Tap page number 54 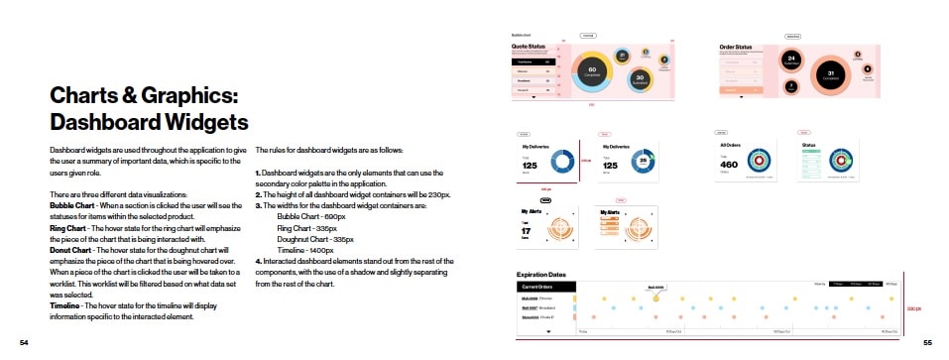pos(25,342)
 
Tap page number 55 pos(927,342)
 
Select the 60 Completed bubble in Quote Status pos(592,70)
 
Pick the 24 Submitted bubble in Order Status pos(791,60)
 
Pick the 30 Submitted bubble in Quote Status pos(641,79)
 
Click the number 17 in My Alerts pos(527,231)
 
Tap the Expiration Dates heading pos(542,274)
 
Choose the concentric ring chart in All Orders pos(761,161)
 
